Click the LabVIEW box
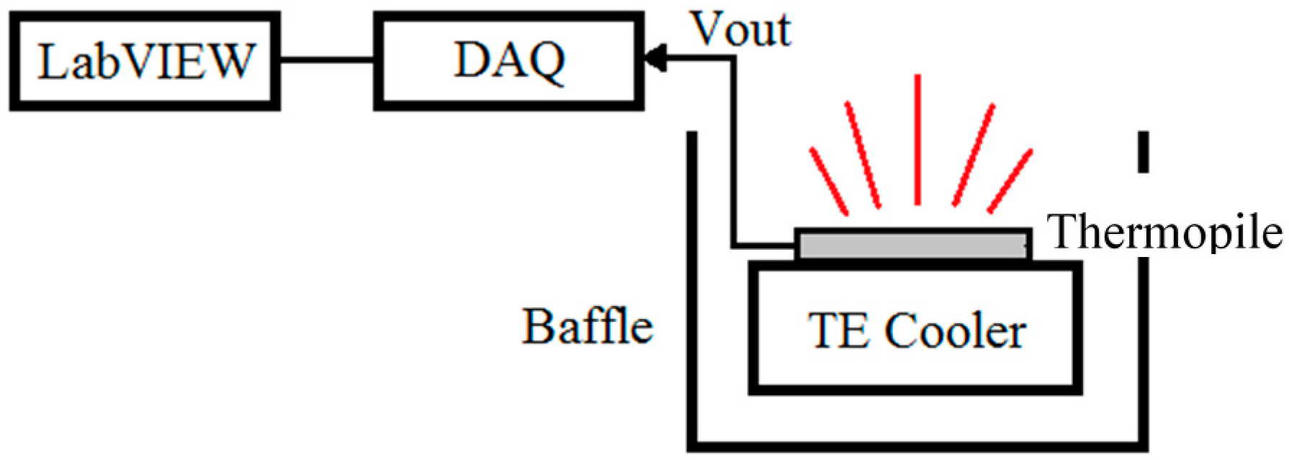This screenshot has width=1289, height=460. coord(145,61)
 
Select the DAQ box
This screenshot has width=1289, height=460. coord(508,61)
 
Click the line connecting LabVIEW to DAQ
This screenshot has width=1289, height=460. coord(326,60)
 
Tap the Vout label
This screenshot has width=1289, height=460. coord(741,30)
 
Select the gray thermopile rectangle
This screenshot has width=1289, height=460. coord(912,245)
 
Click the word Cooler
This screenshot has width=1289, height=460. coord(955,332)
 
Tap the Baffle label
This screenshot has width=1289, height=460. coord(587,327)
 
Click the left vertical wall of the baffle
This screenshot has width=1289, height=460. coord(692,288)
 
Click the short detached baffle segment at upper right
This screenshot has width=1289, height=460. coord(1143,152)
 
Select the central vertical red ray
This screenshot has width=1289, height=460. coord(917,140)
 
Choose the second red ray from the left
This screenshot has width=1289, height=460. coord(862,155)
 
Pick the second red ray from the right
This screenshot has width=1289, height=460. coord(974,155)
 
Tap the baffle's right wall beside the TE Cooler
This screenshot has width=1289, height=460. coord(1143,346)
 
